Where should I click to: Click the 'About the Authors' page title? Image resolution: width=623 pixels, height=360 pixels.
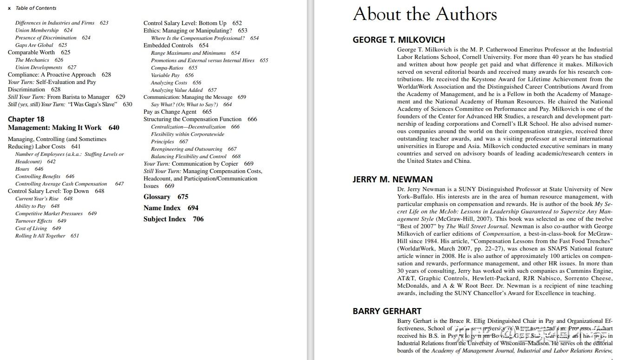point(424,14)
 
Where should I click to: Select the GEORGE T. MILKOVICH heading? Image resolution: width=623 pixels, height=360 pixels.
point(398,40)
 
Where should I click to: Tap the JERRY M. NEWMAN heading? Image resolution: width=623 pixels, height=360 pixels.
point(392,180)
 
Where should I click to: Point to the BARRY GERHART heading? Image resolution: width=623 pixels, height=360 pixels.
point(387,311)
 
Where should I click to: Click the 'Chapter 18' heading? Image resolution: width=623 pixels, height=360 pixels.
point(26,119)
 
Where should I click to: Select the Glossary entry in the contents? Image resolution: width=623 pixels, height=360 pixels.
point(157,197)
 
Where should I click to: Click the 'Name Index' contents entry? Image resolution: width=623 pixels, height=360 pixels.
point(162,208)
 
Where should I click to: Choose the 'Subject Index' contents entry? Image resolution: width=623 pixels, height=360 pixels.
point(164,219)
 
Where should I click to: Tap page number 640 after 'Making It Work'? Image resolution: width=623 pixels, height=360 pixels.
point(114,128)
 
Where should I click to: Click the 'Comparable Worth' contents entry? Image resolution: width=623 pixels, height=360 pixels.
point(31,52)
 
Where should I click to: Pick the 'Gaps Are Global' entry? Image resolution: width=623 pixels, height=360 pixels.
point(34,45)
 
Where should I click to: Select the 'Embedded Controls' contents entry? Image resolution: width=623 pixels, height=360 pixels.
point(168,45)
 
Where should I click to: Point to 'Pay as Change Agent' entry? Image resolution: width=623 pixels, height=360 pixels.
point(170,112)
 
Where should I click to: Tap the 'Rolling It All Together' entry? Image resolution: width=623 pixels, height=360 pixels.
point(40,236)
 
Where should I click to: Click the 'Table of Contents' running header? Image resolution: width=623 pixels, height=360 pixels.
point(36,8)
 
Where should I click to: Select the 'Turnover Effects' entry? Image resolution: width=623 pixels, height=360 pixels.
point(33,221)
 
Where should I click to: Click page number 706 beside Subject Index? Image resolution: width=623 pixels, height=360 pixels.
point(198,219)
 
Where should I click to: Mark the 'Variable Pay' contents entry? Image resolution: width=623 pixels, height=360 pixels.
point(165,75)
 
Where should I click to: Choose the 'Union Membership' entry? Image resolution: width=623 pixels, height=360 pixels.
point(37,30)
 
